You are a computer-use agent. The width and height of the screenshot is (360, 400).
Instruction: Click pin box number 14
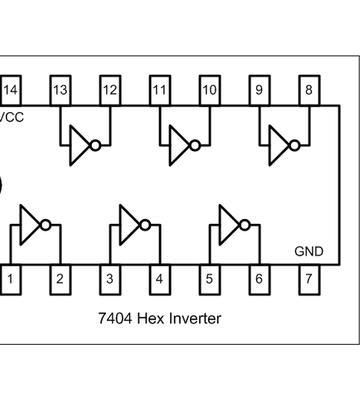click(x=11, y=90)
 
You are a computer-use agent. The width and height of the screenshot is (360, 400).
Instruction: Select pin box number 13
click(x=60, y=90)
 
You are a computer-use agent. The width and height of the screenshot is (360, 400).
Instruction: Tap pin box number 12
click(x=110, y=90)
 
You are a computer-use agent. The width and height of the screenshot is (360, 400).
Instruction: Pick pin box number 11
click(x=159, y=90)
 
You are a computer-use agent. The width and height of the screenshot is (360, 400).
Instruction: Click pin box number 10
click(x=209, y=90)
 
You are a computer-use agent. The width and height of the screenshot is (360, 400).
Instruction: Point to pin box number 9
click(x=259, y=90)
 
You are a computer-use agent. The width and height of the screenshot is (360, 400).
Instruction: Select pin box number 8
click(x=309, y=90)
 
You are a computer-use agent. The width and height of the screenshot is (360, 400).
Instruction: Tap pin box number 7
click(x=309, y=278)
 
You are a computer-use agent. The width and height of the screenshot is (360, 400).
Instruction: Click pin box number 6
click(x=259, y=278)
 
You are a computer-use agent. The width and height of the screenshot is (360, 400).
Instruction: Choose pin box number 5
click(x=209, y=278)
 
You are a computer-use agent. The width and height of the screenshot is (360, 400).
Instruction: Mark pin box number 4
click(x=159, y=278)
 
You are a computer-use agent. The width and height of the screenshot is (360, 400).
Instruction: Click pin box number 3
click(x=109, y=278)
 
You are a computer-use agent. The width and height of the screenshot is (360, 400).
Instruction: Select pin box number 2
click(x=60, y=278)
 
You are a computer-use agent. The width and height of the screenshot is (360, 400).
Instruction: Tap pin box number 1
click(x=11, y=278)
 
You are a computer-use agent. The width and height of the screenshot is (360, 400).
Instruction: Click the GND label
click(x=308, y=251)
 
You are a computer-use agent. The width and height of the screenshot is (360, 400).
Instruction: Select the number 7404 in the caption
click(x=116, y=319)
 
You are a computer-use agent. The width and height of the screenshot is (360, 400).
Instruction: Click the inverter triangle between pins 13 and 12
click(x=79, y=145)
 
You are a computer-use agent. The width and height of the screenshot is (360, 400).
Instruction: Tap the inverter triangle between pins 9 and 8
click(x=278, y=145)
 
